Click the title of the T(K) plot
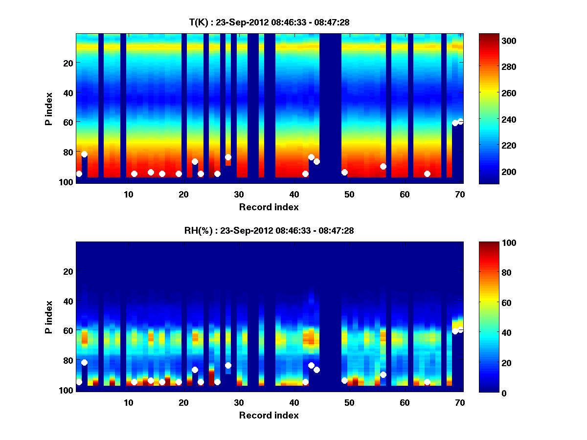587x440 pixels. pos(269,22)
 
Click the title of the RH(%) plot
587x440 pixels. pos(269,230)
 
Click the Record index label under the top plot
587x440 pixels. pos(269,207)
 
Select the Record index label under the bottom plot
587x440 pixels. pos(269,415)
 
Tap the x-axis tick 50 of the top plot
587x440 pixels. pos(349,194)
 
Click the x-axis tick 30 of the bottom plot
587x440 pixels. pos(239,402)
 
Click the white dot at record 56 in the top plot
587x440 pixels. pos(383,167)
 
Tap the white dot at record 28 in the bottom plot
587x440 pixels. pos(228,365)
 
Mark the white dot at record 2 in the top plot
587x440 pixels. pos(84,154)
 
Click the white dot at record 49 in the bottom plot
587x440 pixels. pos(344,380)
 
